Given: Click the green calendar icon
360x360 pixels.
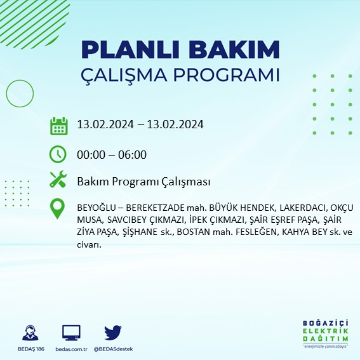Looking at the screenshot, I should click(x=58, y=125).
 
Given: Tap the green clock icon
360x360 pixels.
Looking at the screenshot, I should click(x=58, y=154).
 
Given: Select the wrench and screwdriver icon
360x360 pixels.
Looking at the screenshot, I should click(x=58, y=180).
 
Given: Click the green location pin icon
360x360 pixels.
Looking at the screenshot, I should click(x=58, y=209).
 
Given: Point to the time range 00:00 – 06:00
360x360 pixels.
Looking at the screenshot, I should click(x=112, y=154).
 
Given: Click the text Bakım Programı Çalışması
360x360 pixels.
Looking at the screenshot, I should click(x=143, y=182).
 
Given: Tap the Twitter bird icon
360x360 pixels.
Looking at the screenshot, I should click(x=113, y=332).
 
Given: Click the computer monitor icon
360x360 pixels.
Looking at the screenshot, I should click(x=71, y=332).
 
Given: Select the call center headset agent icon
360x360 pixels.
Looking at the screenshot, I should click(x=29, y=332).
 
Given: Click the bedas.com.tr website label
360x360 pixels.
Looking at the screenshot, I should click(x=71, y=349).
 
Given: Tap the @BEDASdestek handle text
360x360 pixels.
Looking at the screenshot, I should click(x=113, y=349).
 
